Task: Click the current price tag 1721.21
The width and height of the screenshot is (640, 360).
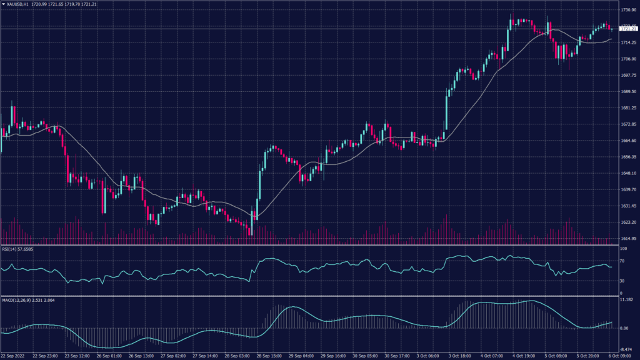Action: [x=627, y=29]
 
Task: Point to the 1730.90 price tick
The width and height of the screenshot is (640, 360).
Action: [x=627, y=10]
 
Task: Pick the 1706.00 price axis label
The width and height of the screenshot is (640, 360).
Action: [x=627, y=59]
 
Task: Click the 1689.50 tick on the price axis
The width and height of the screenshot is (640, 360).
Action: [x=627, y=91]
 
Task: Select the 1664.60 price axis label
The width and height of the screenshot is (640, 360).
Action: [x=627, y=141]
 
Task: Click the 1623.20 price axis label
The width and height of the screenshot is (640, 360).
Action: [x=627, y=222]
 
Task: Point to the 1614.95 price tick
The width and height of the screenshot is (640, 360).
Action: [x=627, y=239]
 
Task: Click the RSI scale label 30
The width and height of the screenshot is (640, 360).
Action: [x=622, y=281]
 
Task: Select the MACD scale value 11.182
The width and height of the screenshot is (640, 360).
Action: [x=626, y=301]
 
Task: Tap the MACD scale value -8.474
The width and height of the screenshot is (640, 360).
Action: [x=626, y=351]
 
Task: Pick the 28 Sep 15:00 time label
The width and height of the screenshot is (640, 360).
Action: [x=269, y=356]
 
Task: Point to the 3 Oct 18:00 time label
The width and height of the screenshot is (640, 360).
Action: [x=460, y=356]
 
